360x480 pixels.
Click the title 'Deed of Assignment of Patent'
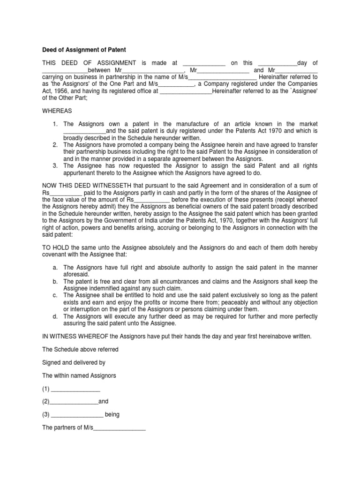[x=84, y=50]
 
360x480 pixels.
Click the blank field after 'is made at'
[x=204, y=63]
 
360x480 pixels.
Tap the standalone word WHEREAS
[x=59, y=111]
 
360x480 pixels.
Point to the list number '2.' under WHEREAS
[x=55, y=145]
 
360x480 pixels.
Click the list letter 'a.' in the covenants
[x=55, y=268]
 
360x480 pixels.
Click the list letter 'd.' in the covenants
[x=55, y=316]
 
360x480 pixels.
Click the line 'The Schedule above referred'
[x=80, y=349]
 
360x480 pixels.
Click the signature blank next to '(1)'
[x=75, y=389]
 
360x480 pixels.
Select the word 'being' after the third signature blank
[x=112, y=415]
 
